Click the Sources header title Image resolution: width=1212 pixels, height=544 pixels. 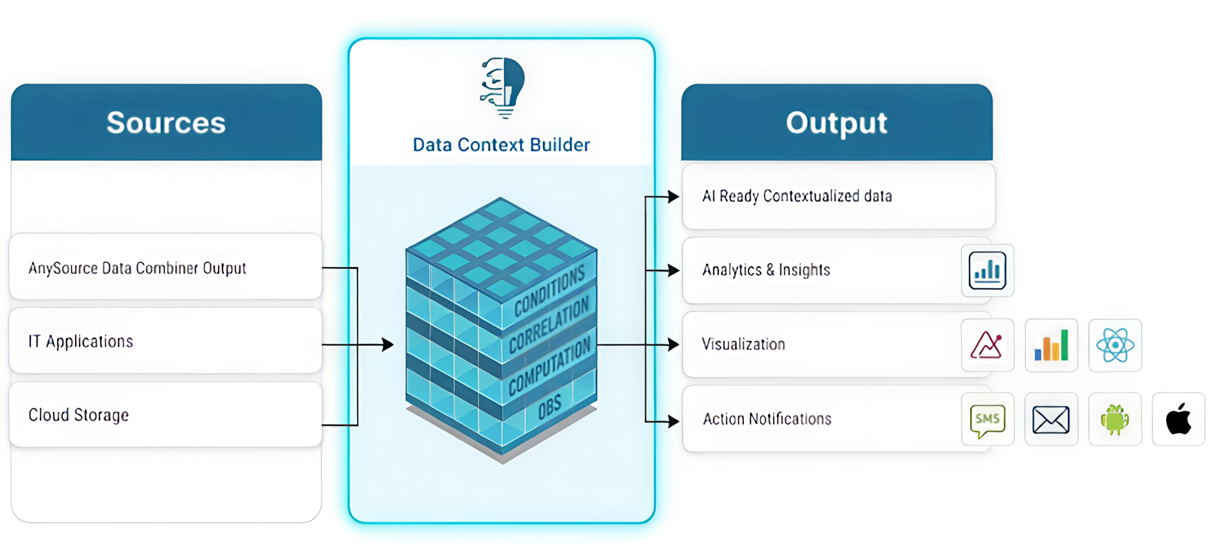(x=166, y=123)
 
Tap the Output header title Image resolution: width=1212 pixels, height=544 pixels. (x=837, y=123)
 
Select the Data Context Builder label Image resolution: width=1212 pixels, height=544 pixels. (x=501, y=145)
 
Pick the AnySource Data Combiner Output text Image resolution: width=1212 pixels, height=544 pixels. (x=137, y=268)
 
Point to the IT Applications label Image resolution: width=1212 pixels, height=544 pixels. (x=81, y=342)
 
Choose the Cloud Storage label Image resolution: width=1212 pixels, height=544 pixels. (x=79, y=415)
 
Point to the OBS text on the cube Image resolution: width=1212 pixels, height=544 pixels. (x=549, y=407)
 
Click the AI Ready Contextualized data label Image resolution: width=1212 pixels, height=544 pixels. (x=797, y=196)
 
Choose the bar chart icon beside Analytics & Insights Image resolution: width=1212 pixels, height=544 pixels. (x=987, y=271)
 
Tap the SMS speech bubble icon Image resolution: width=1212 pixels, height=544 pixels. (x=988, y=419)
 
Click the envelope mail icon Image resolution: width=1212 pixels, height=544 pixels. (x=1051, y=419)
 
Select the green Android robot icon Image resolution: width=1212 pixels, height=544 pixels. (x=1115, y=419)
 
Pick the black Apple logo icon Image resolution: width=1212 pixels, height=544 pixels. (x=1178, y=419)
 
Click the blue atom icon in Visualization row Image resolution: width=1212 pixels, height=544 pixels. (x=1115, y=345)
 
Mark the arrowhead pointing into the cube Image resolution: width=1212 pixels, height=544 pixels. (x=388, y=345)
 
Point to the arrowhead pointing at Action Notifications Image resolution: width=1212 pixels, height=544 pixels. (x=673, y=421)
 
